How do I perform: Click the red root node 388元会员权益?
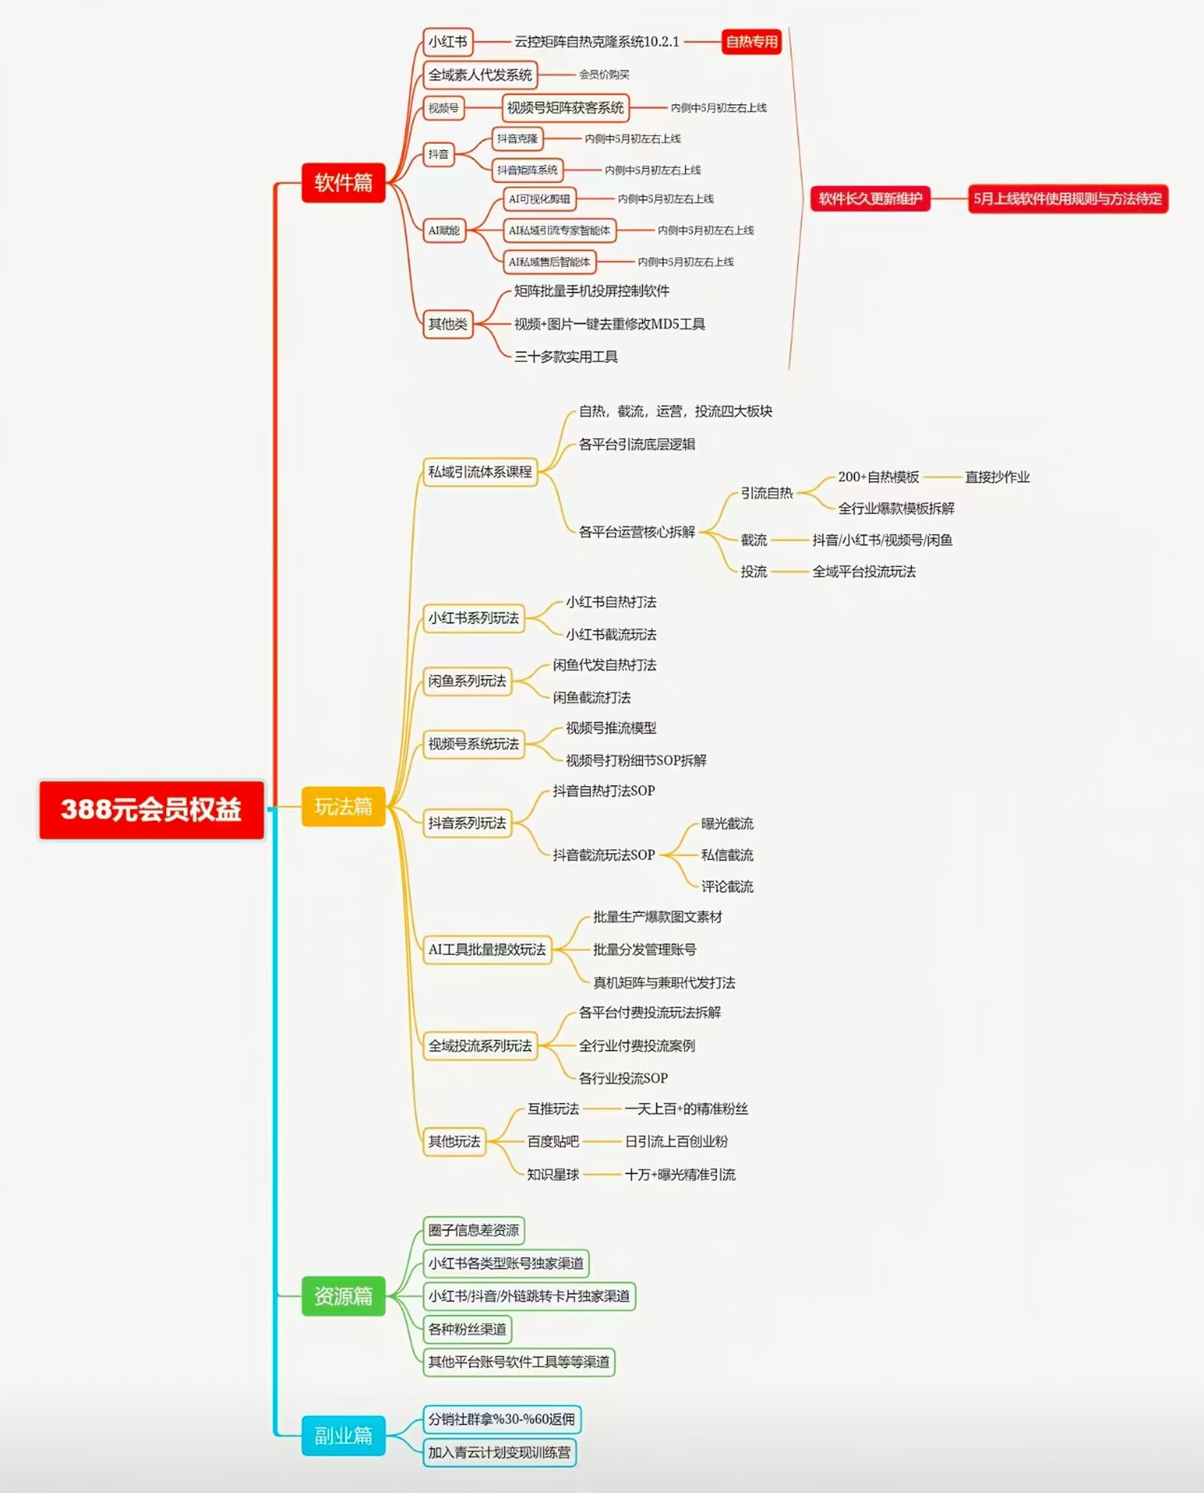point(151,809)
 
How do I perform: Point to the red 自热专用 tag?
point(751,42)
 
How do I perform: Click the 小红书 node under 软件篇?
point(448,42)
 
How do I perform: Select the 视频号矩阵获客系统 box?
point(565,107)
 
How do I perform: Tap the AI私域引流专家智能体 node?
point(559,230)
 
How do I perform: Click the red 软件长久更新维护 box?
point(870,199)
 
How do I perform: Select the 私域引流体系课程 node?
point(480,472)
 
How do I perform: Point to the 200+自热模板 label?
point(878,477)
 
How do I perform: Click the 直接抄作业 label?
point(997,477)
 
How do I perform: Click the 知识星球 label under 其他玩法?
point(552,1174)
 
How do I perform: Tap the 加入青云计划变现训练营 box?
point(499,1452)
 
